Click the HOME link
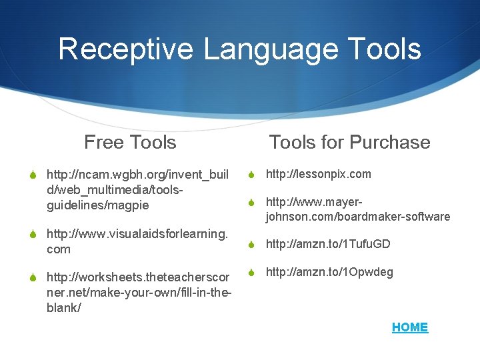410,327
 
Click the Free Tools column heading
130,142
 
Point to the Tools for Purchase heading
349,142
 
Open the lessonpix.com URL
319,174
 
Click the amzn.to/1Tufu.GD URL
328,244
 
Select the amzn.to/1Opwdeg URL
329,272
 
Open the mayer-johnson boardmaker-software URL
357,209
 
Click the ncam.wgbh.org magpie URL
137,190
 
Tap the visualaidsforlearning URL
137,241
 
